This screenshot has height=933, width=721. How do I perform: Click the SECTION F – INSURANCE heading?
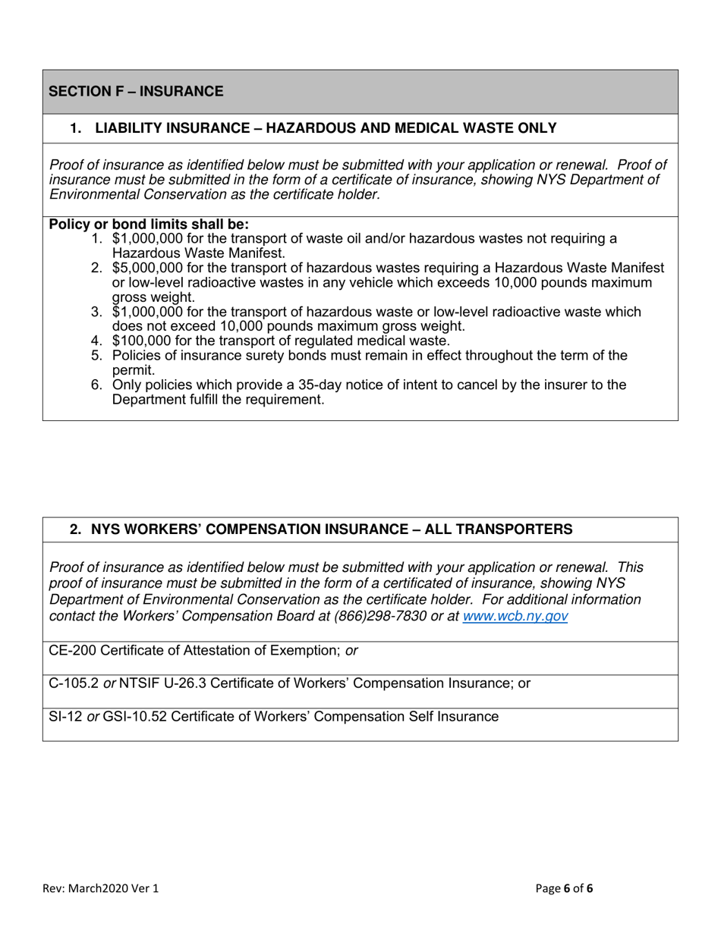(x=136, y=92)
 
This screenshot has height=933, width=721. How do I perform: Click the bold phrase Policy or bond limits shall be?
(x=149, y=225)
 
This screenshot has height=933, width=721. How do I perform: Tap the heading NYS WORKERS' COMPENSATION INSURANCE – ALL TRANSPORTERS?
(x=332, y=529)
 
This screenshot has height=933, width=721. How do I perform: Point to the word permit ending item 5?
(x=134, y=370)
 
